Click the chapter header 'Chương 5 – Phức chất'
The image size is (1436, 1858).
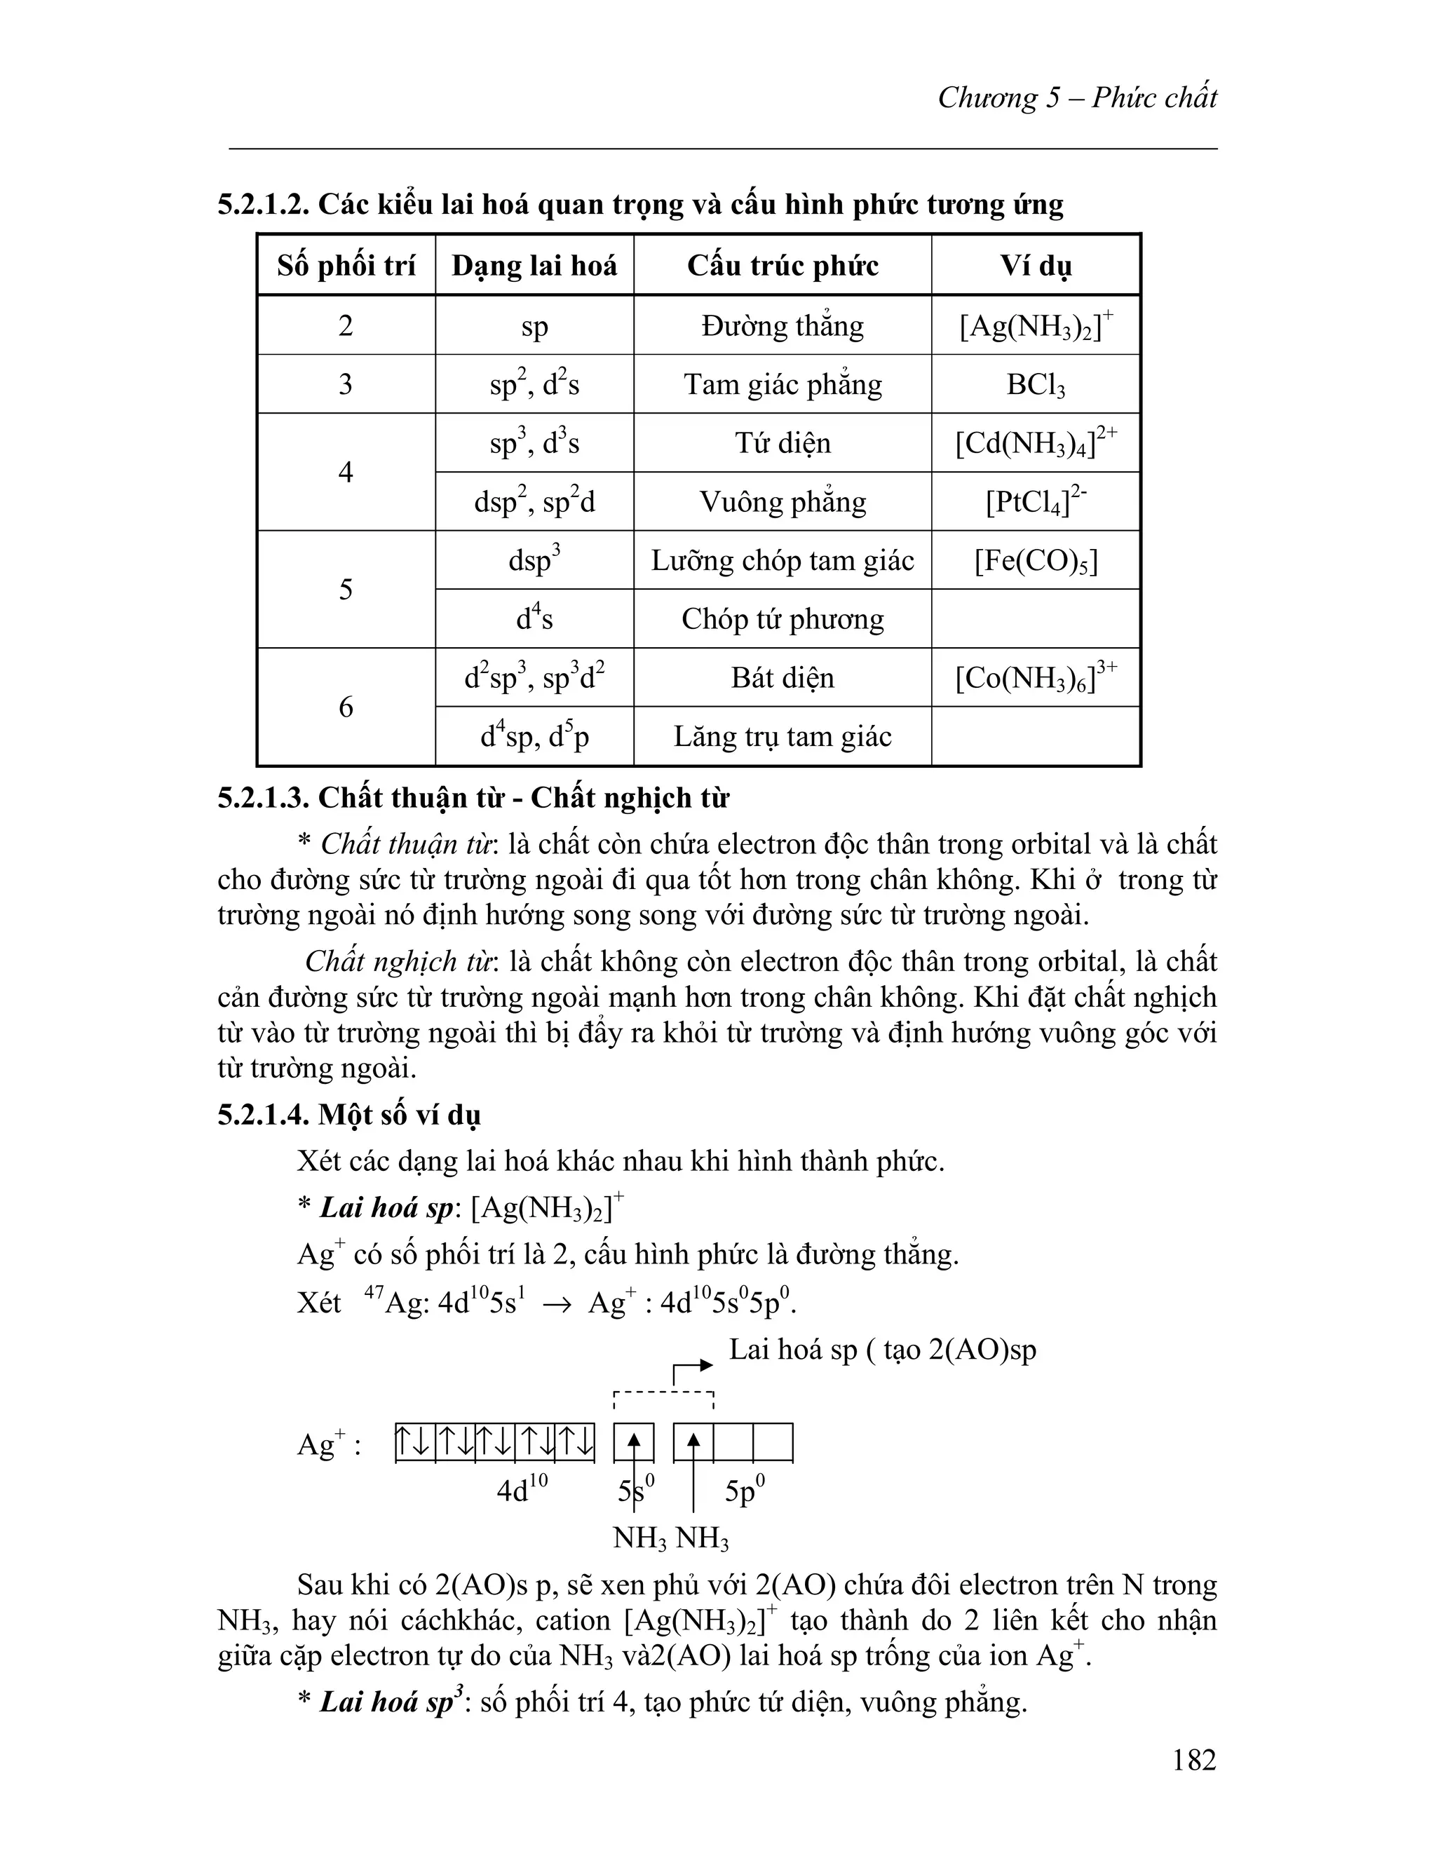(x=1077, y=98)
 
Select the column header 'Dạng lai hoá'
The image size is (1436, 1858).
(x=534, y=266)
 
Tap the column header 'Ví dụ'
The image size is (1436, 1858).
(x=1036, y=266)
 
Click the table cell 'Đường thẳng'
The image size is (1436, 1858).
(x=782, y=326)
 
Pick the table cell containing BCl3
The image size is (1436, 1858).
(x=1036, y=384)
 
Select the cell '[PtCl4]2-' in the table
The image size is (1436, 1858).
(x=1036, y=501)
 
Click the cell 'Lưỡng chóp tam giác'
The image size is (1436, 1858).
(x=782, y=561)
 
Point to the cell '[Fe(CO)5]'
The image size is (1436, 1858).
(x=1036, y=561)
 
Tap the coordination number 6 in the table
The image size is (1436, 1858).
(x=346, y=707)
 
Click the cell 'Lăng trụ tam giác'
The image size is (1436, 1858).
(x=782, y=737)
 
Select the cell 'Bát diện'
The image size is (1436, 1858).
(x=782, y=678)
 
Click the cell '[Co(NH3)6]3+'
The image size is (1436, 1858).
(x=1036, y=678)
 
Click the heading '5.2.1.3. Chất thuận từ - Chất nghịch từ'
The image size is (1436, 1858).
(x=473, y=798)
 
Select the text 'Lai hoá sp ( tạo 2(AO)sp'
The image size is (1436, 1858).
(x=882, y=1350)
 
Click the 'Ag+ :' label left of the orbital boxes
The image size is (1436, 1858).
(x=330, y=1444)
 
